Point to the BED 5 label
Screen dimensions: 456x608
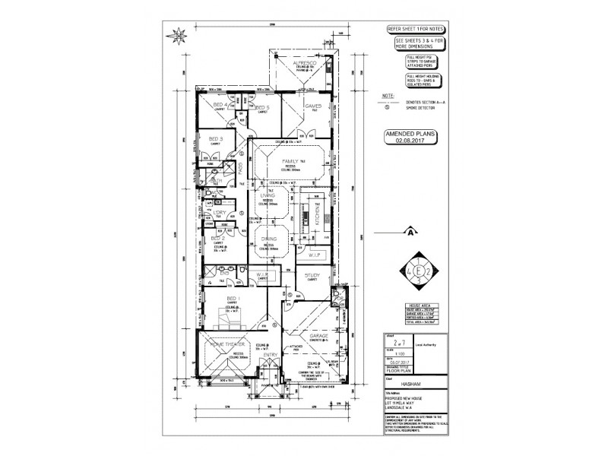[x=263, y=108]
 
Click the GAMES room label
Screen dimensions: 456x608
[x=313, y=106]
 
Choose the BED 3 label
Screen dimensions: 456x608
[x=215, y=138]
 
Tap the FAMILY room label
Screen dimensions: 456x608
[x=290, y=162]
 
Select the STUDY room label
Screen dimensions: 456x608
[x=315, y=275]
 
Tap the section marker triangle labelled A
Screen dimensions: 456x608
[x=411, y=230]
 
